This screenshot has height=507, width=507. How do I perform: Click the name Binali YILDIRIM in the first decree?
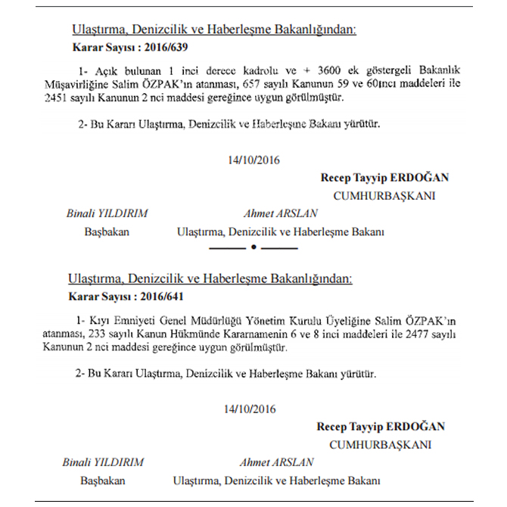tap(107, 213)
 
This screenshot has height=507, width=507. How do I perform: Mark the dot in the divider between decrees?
tap(253, 247)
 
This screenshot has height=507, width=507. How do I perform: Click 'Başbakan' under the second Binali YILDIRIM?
tap(103, 481)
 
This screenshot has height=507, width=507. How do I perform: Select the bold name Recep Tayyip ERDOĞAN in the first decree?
tap(385, 178)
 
